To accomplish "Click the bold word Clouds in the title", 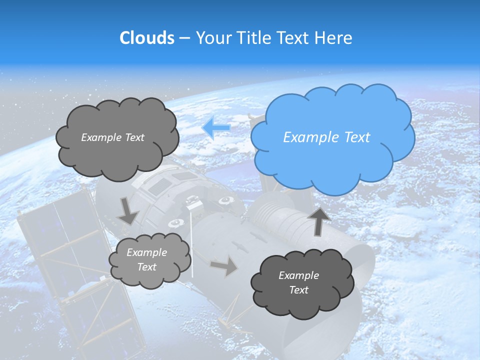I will click(x=146, y=38).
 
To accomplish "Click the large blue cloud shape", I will click(x=332, y=160).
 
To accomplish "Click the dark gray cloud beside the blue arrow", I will click(x=117, y=155).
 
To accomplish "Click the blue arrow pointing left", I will click(x=216, y=128).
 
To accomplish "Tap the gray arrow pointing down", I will click(x=128, y=210).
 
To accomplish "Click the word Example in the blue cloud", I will click(x=305, y=137).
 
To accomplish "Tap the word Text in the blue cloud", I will click(x=357, y=137).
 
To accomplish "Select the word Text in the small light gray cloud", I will click(x=146, y=267).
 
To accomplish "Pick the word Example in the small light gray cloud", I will click(x=146, y=252).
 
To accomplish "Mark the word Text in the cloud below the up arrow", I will click(x=298, y=290).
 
